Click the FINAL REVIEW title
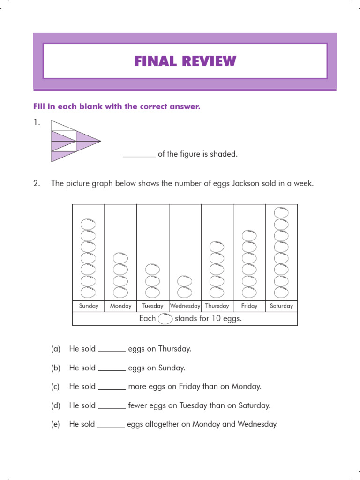185,61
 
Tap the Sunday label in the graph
89,306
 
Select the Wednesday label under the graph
185,306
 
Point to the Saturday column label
281,306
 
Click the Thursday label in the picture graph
217,306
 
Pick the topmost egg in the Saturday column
281,212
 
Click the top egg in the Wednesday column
185,281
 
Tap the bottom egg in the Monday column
120,292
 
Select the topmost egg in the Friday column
249,235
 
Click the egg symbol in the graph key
165,319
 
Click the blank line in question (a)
112,350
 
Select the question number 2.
37,183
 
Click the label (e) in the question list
56,424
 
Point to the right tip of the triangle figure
100,141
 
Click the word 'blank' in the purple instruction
93,106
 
